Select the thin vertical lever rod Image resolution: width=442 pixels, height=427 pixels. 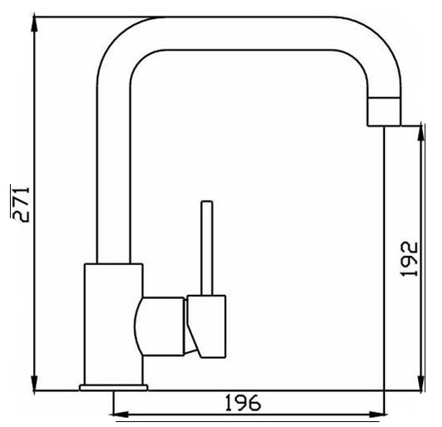coord(206,248)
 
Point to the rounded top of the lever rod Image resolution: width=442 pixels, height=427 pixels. coord(206,203)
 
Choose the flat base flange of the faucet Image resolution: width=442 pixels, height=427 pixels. coord(113,386)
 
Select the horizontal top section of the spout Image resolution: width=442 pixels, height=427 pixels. coord(248,33)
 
